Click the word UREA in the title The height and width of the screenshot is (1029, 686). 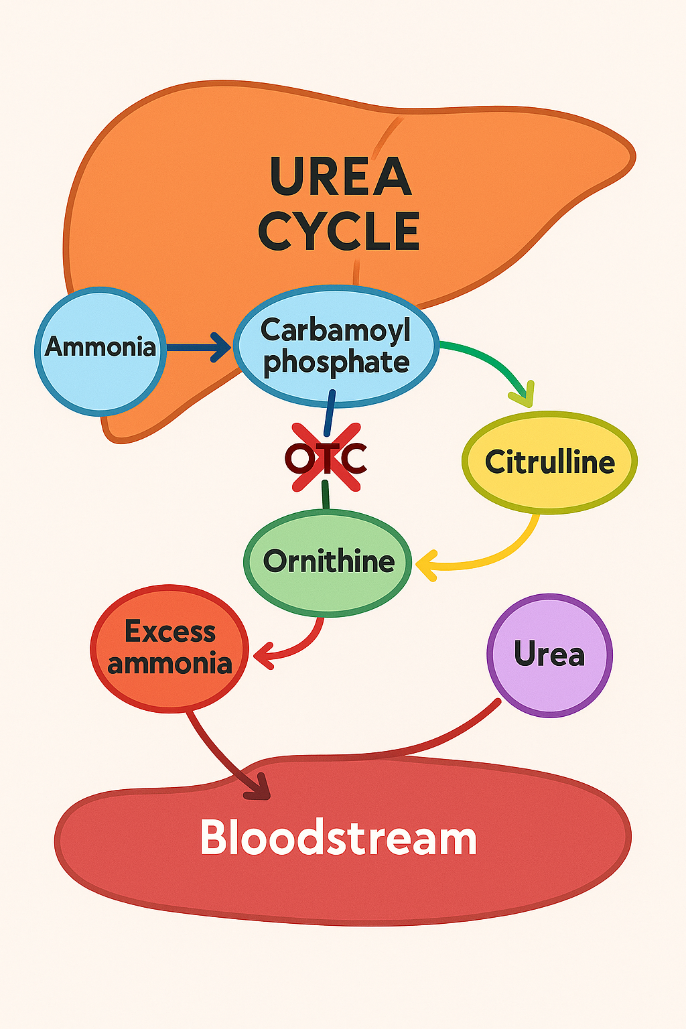pos(340,176)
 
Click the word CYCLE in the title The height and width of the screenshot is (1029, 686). pos(339,231)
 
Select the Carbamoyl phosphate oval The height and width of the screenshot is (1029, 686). pos(336,346)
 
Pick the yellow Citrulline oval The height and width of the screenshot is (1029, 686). pos(549,462)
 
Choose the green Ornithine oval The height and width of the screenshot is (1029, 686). pos(328,561)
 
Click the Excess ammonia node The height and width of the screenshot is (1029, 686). pos(169,648)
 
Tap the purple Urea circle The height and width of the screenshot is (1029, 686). pos(549,655)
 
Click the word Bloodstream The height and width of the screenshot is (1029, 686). pos(338,837)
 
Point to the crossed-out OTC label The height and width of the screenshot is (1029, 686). pos(326,459)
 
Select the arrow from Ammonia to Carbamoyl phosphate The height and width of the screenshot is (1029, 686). pos(198,347)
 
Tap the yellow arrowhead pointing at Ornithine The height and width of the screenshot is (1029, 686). pos(427,565)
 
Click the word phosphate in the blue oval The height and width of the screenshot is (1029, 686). pos(336,363)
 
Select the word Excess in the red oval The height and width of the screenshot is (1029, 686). pos(170,632)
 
